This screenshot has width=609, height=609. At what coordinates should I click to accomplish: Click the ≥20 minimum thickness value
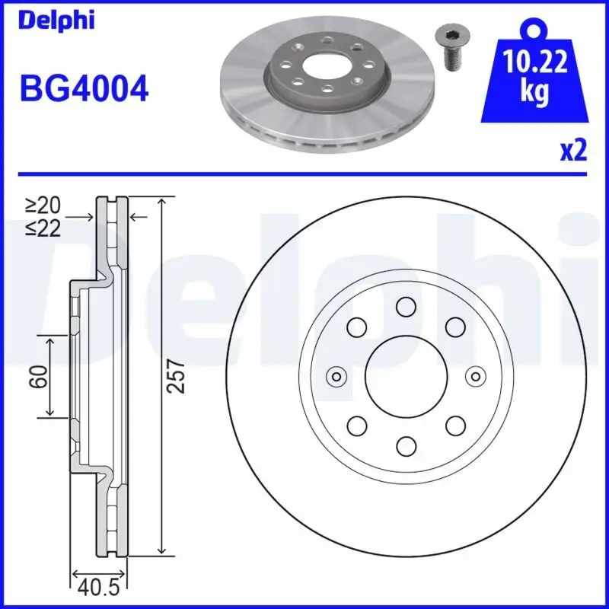click(43, 205)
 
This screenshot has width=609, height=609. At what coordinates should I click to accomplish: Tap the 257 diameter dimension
click(177, 376)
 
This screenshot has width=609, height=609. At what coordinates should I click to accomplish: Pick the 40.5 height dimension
click(98, 588)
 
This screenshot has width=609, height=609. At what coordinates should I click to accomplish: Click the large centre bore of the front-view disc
click(405, 376)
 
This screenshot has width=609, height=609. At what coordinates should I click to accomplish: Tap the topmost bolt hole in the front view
click(405, 307)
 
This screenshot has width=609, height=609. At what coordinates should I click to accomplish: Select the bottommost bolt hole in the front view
click(405, 445)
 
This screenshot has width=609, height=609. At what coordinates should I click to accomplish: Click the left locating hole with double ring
click(335, 376)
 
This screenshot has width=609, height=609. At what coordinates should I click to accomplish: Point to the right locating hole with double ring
click(476, 376)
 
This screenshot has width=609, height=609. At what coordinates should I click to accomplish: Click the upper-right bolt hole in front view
click(455, 327)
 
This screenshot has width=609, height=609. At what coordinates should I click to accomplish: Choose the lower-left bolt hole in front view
click(356, 425)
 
